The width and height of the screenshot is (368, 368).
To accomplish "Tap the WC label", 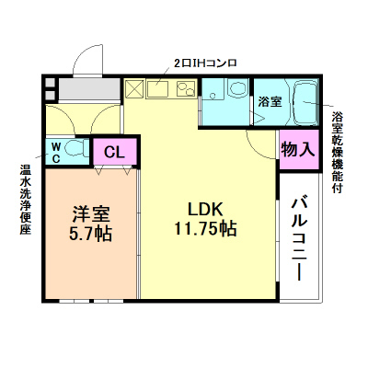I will tap(55, 149).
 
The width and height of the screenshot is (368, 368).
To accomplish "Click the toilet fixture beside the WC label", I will tap(75, 148).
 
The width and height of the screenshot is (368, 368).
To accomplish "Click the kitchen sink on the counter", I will tap(156, 90).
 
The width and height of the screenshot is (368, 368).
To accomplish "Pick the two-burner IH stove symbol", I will tap(185, 89).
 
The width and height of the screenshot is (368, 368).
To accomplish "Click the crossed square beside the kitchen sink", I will tap(134, 90).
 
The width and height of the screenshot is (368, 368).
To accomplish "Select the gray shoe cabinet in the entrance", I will tap(87, 90).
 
